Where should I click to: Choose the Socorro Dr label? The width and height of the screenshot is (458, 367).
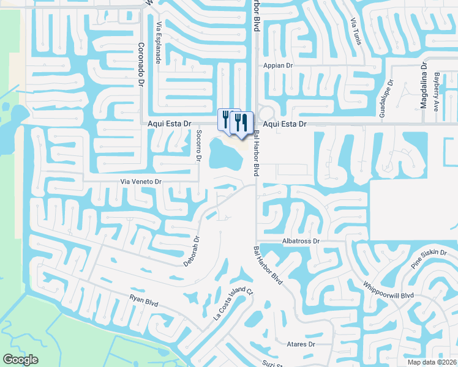(198, 146)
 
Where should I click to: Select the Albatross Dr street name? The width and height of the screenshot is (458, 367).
(301, 242)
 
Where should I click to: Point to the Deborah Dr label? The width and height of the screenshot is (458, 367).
(192, 251)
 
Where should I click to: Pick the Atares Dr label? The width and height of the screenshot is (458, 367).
(301, 344)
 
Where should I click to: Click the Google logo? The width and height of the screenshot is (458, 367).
(20, 360)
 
